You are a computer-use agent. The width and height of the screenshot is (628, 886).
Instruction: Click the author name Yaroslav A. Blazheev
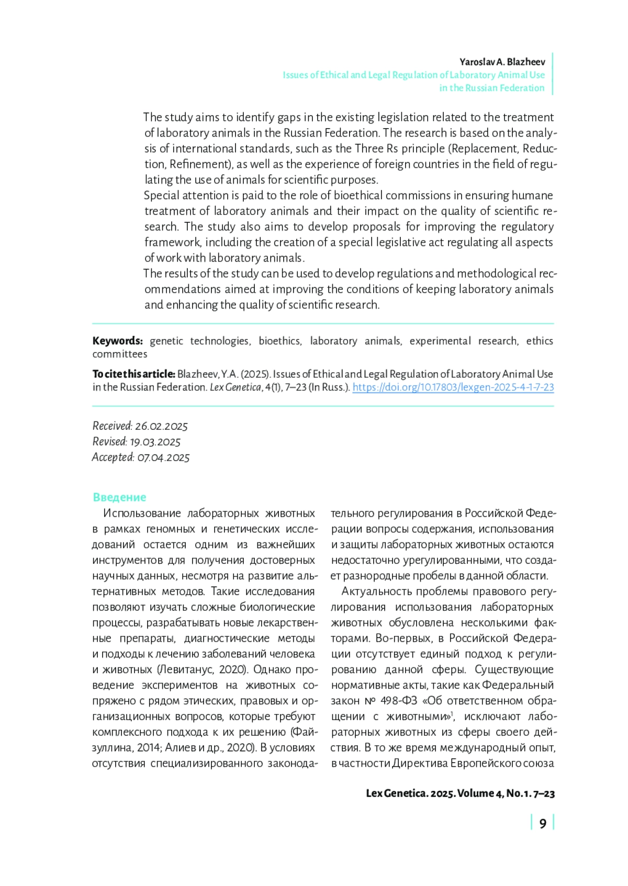coord(502,62)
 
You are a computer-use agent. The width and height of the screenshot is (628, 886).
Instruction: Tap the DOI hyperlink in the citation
coord(453,388)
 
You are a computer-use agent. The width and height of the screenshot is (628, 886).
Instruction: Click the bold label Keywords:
coord(117,341)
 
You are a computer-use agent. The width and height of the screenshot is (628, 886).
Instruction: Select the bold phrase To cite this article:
coord(133,374)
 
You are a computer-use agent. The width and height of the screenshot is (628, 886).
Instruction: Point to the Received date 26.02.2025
coord(161,426)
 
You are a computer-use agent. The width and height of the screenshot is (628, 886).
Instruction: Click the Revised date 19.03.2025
coord(155,442)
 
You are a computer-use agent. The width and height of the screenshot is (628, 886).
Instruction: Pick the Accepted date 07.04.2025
coord(163,458)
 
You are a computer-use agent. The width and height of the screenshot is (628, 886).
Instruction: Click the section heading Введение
coord(119,497)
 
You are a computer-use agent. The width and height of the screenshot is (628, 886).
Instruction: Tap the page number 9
coord(543,824)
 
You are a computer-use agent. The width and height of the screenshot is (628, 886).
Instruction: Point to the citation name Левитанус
coord(186,669)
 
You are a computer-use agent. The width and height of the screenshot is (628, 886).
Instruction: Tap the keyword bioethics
coord(280,341)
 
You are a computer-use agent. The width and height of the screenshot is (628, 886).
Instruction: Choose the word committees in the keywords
coord(120,354)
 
